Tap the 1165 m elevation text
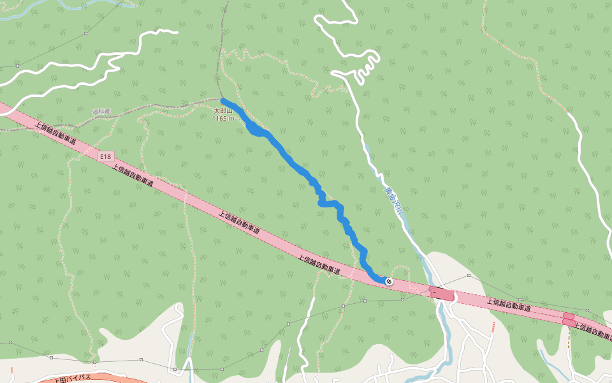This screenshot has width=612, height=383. pyautogui.click(x=223, y=118)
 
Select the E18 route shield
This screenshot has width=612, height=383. pyautogui.click(x=106, y=156)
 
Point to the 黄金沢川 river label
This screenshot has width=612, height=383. pyautogui.click(x=390, y=200)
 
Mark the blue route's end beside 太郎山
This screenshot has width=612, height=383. pyautogui.click(x=223, y=101)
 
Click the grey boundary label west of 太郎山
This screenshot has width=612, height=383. pyautogui.click(x=101, y=112)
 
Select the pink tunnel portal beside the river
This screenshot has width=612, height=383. pyautogui.click(x=441, y=294)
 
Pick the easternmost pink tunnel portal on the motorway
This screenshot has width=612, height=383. pyautogui.click(x=569, y=319)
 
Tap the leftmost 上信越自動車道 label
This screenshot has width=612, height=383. pyautogui.click(x=60, y=135)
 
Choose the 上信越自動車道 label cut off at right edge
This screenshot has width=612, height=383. pyautogui.click(x=593, y=330)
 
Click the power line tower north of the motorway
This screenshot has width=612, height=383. pyautogui.click(x=469, y=276)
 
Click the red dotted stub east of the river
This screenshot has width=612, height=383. pyautogui.click(x=493, y=327)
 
